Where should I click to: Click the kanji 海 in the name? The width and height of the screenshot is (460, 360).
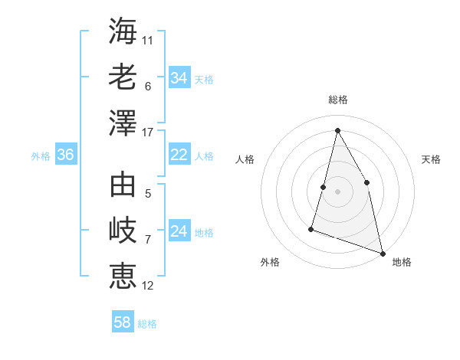pyautogui.click(x=123, y=31)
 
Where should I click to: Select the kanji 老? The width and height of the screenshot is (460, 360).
pyautogui.click(x=123, y=77)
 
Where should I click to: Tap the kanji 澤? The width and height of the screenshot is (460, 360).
pyautogui.click(x=123, y=122)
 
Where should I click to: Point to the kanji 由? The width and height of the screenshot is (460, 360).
pyautogui.click(x=123, y=185)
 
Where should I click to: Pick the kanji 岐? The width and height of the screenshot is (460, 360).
pyautogui.click(x=123, y=231)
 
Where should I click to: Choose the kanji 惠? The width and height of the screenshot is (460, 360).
pyautogui.click(x=123, y=276)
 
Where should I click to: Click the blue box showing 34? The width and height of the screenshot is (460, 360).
pyautogui.click(x=179, y=78)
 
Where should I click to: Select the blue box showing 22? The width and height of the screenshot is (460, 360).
pyautogui.click(x=179, y=155)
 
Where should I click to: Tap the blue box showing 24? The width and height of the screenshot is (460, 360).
pyautogui.click(x=179, y=232)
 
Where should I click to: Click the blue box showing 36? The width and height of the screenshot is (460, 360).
pyautogui.click(x=65, y=155)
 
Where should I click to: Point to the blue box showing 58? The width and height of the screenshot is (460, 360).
pyautogui.click(x=123, y=322)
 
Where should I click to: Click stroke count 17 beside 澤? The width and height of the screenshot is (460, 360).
pyautogui.click(x=148, y=132)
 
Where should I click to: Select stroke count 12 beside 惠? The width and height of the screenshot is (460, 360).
pyautogui.click(x=148, y=286)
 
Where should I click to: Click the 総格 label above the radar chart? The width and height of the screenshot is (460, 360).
pyautogui.click(x=337, y=100)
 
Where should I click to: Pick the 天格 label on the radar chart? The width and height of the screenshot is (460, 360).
pyautogui.click(x=431, y=159)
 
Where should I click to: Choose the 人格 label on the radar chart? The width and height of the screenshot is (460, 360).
pyautogui.click(x=245, y=159)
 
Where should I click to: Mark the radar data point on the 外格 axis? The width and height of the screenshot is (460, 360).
pyautogui.click(x=311, y=228)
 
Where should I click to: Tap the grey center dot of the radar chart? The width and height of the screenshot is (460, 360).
pyautogui.click(x=337, y=191)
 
